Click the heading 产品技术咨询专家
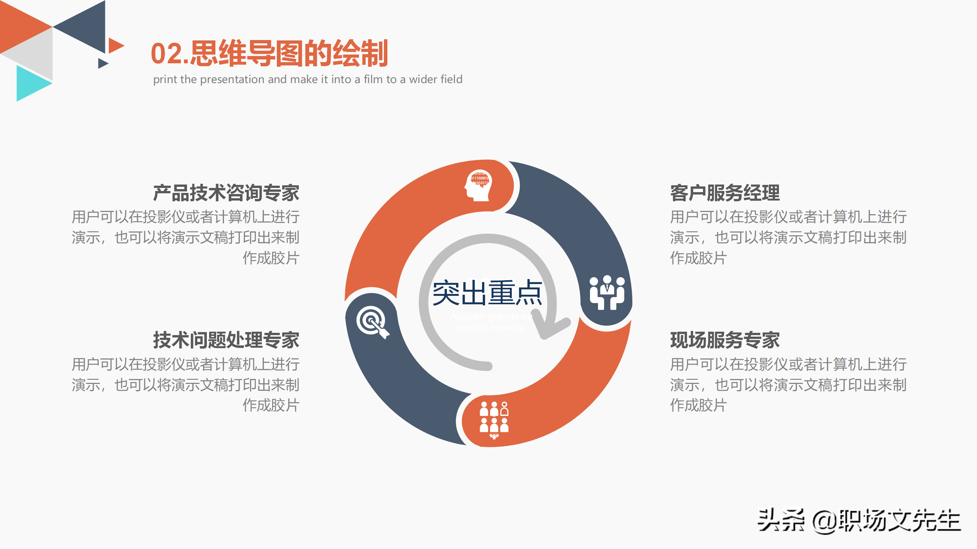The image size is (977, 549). [x=226, y=193]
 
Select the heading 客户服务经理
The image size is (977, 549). [x=725, y=193]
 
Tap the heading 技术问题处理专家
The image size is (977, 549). [x=226, y=340]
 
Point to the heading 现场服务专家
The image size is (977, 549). [x=725, y=340]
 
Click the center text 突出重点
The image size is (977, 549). [x=487, y=293]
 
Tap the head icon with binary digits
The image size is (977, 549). [x=479, y=185]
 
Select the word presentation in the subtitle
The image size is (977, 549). [x=232, y=79]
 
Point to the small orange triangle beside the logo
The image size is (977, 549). [x=115, y=46]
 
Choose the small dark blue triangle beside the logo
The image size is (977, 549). [x=102, y=63]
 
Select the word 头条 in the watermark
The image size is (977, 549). [x=780, y=520]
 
